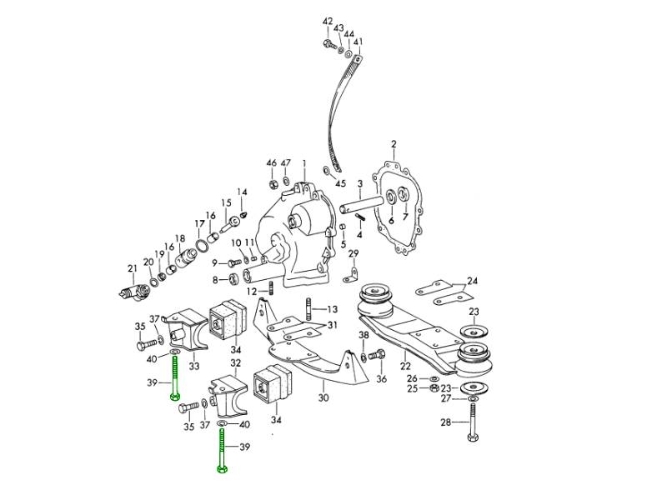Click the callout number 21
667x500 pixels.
pyautogui.click(x=131, y=268)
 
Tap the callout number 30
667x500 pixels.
pyautogui.click(x=323, y=397)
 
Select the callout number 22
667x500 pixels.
pyautogui.click(x=405, y=365)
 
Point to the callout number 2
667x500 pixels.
pyautogui.click(x=394, y=144)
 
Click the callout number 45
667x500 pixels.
pyautogui.click(x=340, y=183)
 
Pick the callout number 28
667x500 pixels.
pyautogui.click(x=446, y=422)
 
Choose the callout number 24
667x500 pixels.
pyautogui.click(x=473, y=281)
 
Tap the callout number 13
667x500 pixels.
pyautogui.click(x=332, y=308)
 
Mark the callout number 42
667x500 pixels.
pyautogui.click(x=327, y=21)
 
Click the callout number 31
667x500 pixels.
pyautogui.click(x=332, y=325)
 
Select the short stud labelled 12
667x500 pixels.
pyautogui.click(x=272, y=290)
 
